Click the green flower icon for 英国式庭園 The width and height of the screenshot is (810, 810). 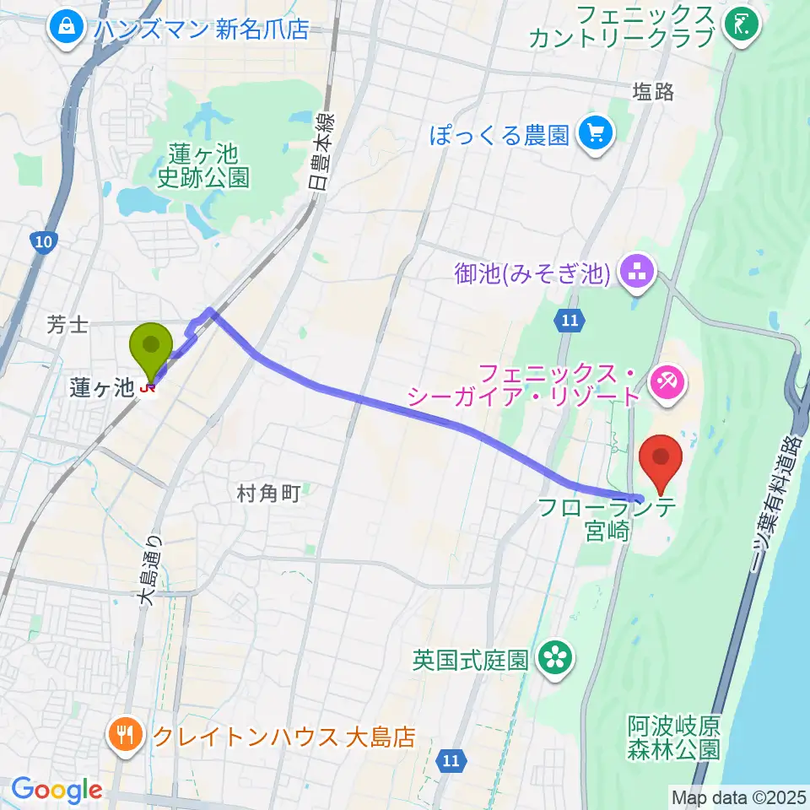pos(555,657)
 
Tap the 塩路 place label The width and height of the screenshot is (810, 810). pos(654,92)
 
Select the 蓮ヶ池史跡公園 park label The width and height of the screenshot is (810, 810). pos(203,165)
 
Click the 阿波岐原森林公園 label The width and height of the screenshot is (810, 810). pos(673,737)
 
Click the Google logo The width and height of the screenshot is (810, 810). pos(57,790)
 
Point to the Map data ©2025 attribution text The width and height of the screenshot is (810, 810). pos(737,796)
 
